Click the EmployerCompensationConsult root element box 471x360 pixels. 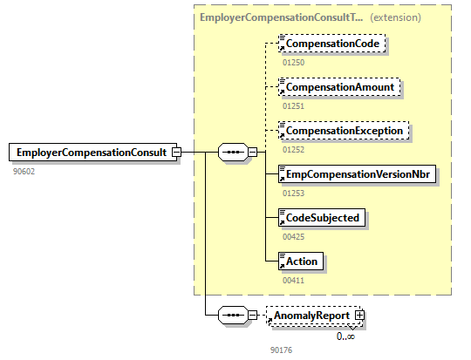point(90,153)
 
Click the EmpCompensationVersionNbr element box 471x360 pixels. point(355,174)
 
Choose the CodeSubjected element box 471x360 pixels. point(319,217)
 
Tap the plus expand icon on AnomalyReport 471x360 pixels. point(358,315)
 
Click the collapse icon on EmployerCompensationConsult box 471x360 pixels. point(176,153)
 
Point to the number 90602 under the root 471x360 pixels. point(24,172)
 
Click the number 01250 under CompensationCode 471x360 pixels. point(294,62)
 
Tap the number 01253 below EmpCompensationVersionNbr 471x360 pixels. point(294,194)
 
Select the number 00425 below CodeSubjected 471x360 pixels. point(294,236)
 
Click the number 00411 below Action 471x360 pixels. point(294,280)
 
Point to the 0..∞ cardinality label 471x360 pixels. point(346,336)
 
